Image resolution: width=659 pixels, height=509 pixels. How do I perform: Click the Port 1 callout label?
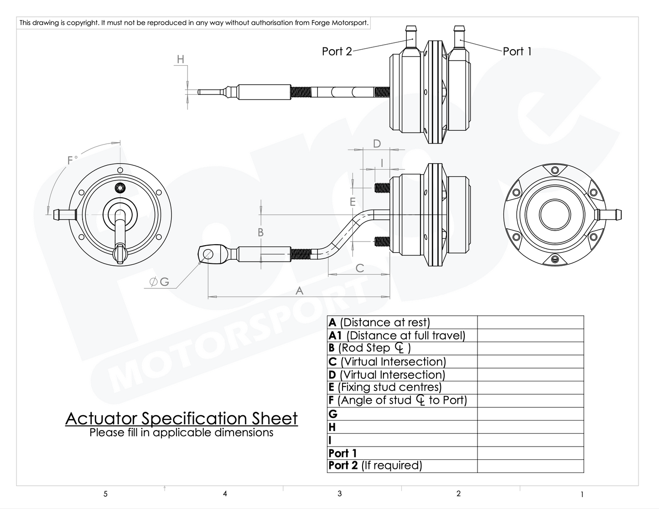[x=517, y=51]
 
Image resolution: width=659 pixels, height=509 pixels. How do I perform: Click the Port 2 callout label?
[x=337, y=51]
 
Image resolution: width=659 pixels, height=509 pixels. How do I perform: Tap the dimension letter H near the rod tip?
[x=181, y=59]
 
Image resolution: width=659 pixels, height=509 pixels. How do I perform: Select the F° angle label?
[x=72, y=160]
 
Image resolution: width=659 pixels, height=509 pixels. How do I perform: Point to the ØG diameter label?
[x=159, y=282]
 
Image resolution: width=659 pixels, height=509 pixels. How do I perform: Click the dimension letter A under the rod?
[x=299, y=290]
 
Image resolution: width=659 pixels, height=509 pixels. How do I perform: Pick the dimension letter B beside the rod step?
[x=260, y=232]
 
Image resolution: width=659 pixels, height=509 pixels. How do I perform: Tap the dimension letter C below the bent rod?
[x=359, y=268]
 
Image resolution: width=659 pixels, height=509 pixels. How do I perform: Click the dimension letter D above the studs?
[x=377, y=144]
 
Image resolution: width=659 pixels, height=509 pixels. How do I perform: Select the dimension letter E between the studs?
[x=353, y=201]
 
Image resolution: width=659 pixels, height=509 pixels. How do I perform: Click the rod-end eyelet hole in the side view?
[x=208, y=254]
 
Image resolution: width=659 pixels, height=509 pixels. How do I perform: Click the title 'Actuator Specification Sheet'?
[x=182, y=418]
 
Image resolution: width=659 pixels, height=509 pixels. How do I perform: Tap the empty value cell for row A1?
[x=530, y=335]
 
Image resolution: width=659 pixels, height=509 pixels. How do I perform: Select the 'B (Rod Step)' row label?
[x=369, y=348]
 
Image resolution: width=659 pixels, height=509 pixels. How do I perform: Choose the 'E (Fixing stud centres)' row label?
[x=385, y=387]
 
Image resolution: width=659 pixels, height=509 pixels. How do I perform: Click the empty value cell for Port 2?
[x=530, y=466]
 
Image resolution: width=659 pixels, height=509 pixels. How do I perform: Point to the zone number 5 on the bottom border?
[x=105, y=494]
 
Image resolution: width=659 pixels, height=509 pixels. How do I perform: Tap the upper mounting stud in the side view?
[x=382, y=187]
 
